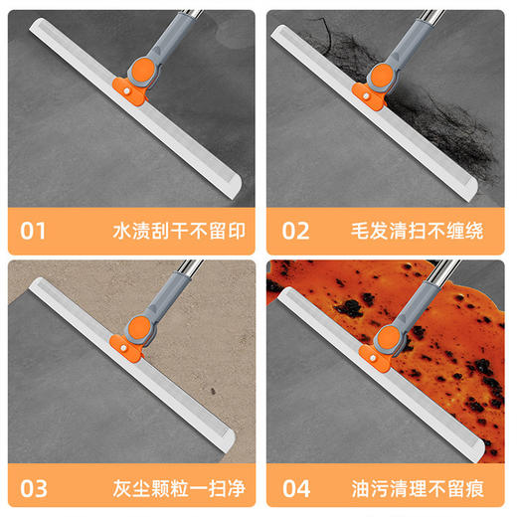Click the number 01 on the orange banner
[x=34, y=232]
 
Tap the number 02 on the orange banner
[x=296, y=232]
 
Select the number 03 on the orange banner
[x=34, y=490]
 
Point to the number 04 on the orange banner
[x=296, y=490]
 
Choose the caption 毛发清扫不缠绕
[x=437, y=232]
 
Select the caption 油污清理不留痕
[x=437, y=490]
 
